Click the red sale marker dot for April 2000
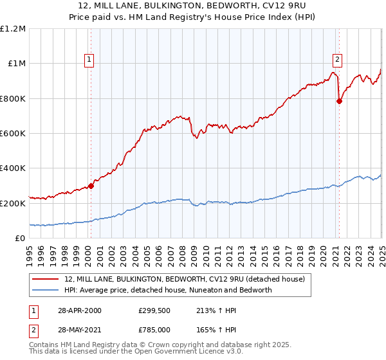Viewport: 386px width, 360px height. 91,186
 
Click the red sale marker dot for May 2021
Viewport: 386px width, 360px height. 339,100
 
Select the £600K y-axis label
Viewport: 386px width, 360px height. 13,133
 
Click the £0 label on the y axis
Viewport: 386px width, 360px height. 20,238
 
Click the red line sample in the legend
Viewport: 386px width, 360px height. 46,278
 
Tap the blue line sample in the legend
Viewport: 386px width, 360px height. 46,290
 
